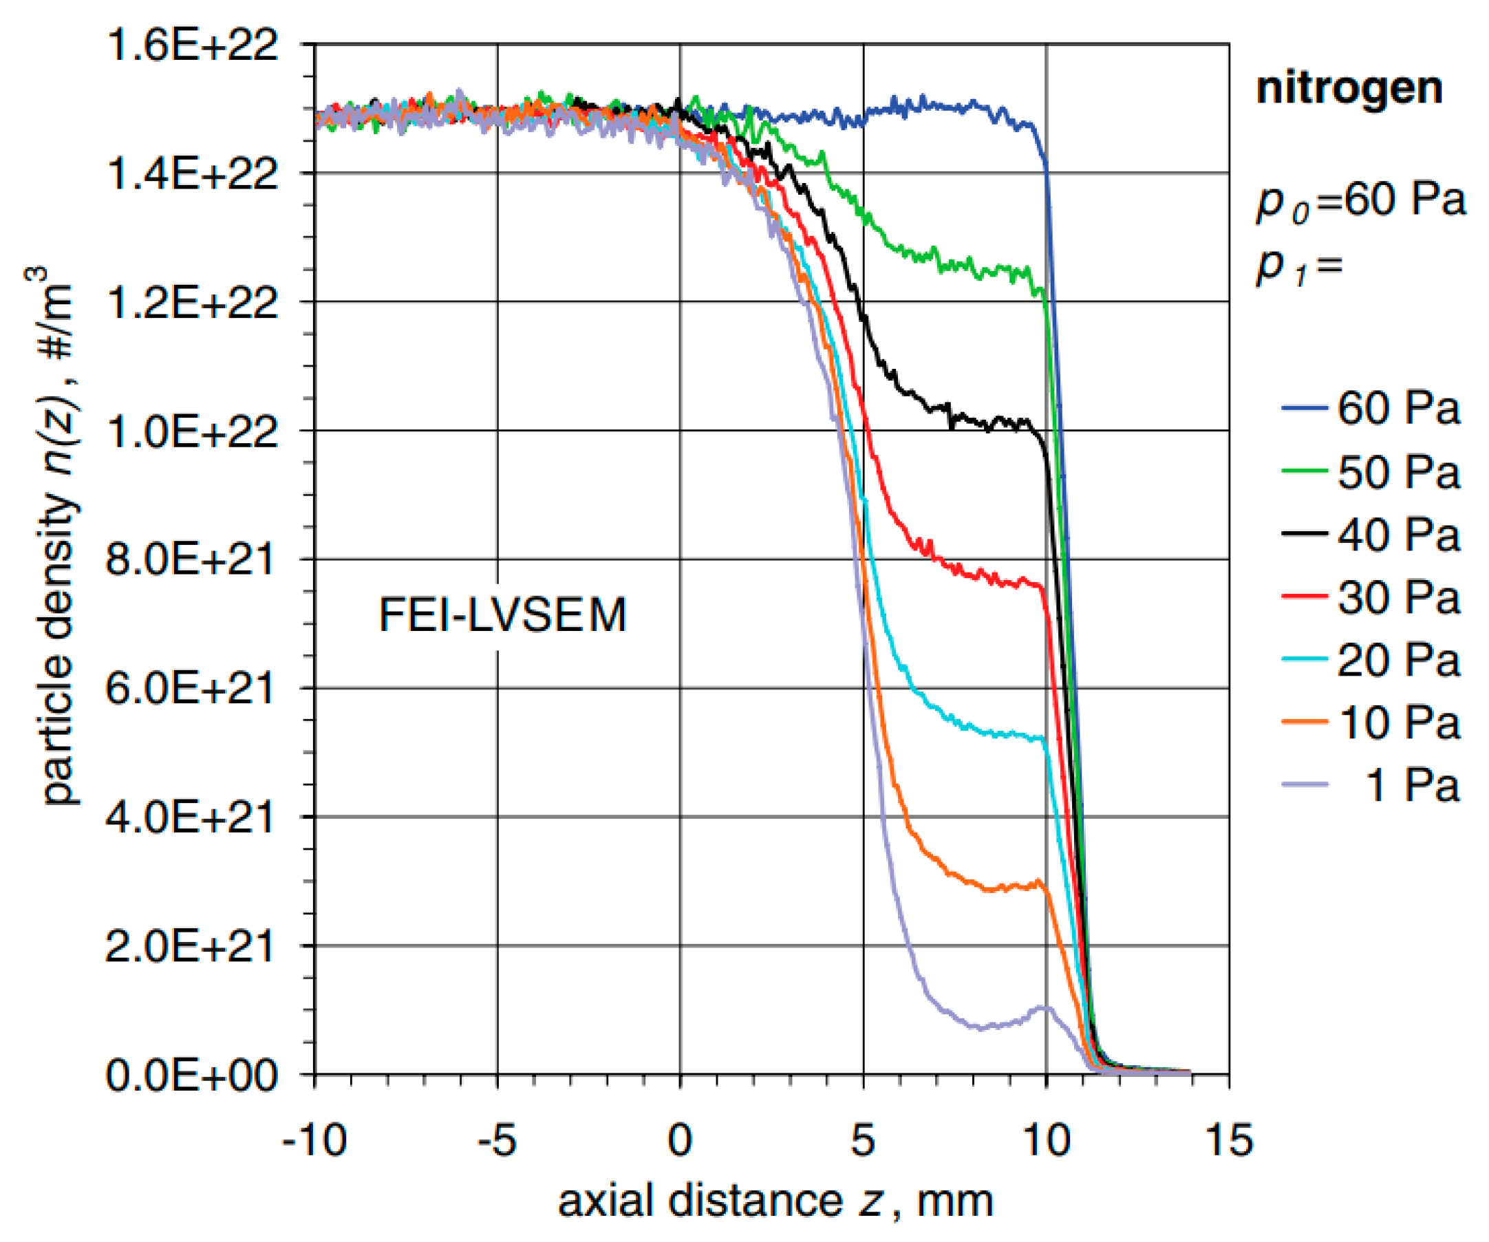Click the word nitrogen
point(1349,89)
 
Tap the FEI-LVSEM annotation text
point(503,615)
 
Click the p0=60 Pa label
point(1360,202)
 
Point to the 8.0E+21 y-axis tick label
point(189,560)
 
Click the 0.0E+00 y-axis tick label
point(191,1076)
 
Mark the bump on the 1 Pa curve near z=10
point(1043,1007)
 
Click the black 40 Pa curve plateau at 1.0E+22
point(993,423)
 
